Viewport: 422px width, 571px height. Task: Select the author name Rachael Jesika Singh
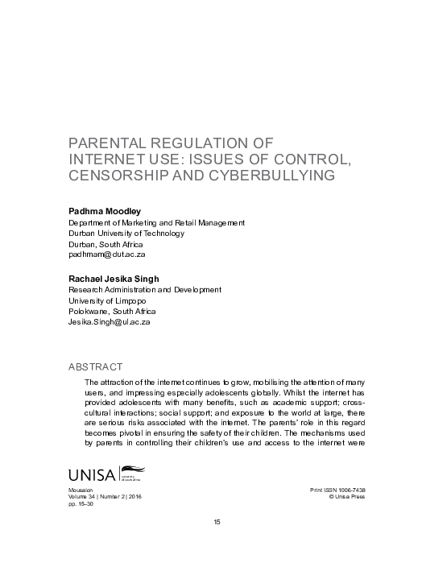pos(114,277)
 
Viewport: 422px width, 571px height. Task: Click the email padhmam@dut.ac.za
pos(105,254)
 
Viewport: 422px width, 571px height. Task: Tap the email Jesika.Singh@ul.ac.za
pos(109,321)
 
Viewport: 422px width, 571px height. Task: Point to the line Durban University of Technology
pos(126,233)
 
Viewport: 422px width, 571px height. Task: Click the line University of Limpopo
pos(105,300)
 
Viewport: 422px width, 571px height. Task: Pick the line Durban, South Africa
pos(105,243)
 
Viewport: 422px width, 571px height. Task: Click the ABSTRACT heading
pos(95,366)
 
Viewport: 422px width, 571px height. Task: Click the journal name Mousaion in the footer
pos(82,490)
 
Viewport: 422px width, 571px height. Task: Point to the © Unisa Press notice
pos(337,498)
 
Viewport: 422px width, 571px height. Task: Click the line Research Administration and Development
pos(144,288)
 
